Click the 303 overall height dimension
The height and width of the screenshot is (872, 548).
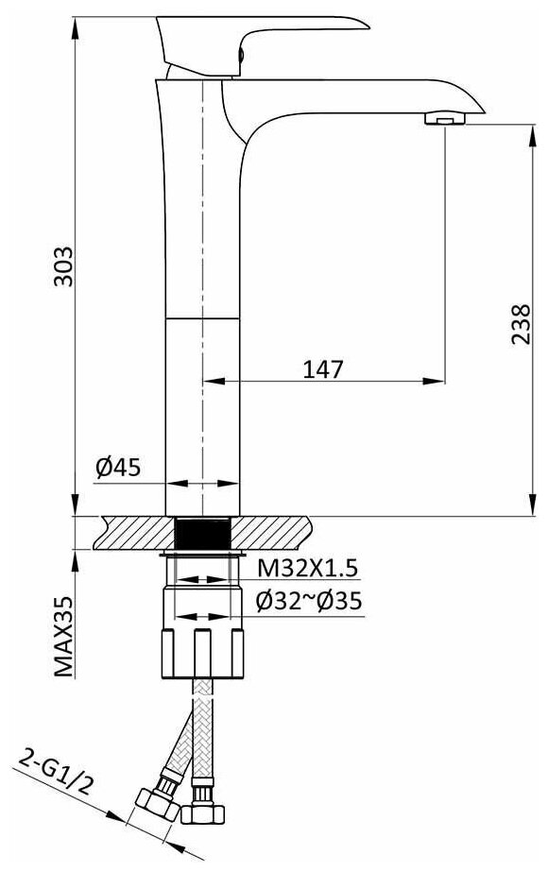click(x=63, y=265)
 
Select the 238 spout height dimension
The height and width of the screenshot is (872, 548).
click(x=521, y=324)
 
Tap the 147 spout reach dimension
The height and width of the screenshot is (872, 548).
click(x=323, y=368)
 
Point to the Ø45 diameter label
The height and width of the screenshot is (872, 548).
click(x=118, y=467)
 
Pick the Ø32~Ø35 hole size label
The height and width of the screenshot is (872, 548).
click(x=309, y=601)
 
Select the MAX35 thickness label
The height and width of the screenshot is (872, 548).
click(x=64, y=636)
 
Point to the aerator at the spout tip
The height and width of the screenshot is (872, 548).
click(x=445, y=118)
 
